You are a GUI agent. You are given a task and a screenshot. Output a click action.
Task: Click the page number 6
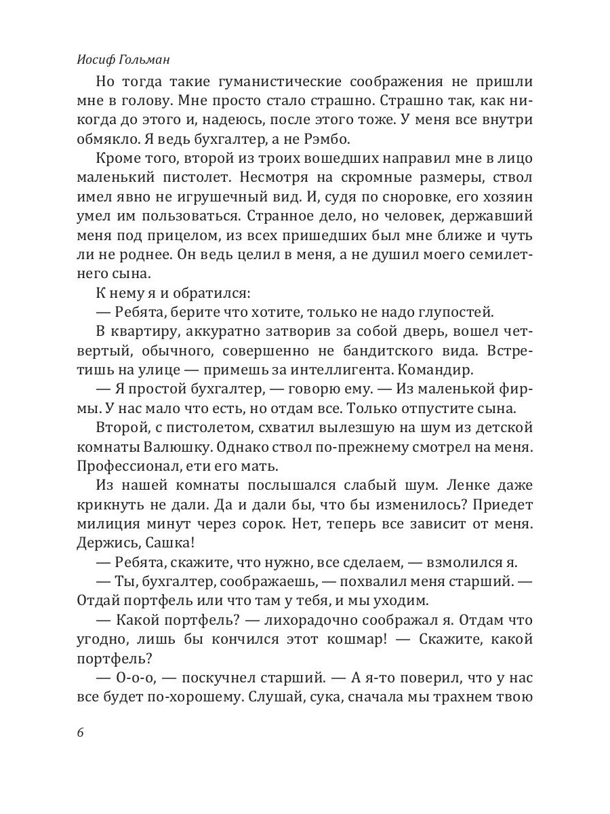pyautogui.click(x=81, y=733)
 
